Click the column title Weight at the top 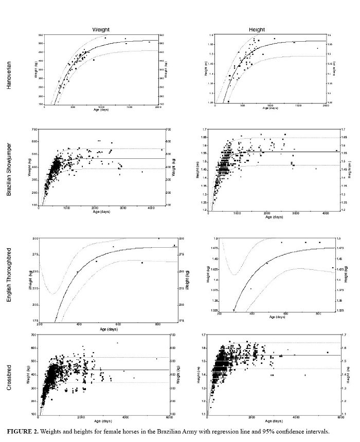click(101, 30)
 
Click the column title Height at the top click(257, 30)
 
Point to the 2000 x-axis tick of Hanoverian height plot click(326, 105)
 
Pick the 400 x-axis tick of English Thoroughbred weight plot click(79, 324)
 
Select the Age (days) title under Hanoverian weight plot click(101, 110)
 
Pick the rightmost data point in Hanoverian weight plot click(149, 42)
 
